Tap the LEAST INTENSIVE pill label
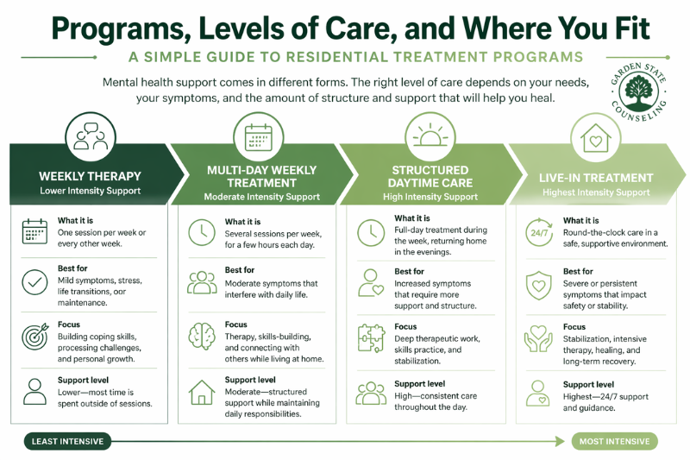pos(67,442)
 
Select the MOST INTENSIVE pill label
pos(614,442)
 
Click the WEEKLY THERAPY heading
pos(90,176)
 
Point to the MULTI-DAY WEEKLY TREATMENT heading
pos(261,176)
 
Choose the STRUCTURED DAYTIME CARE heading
pos(430,176)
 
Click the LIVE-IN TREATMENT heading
pos(596,178)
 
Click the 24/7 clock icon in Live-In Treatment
pos(538,231)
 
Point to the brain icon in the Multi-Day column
pos(202,335)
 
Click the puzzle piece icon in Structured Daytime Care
pos(371,337)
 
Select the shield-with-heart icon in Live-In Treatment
pos(538,283)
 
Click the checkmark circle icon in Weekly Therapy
pos(34,282)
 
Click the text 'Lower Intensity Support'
pos(90,190)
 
